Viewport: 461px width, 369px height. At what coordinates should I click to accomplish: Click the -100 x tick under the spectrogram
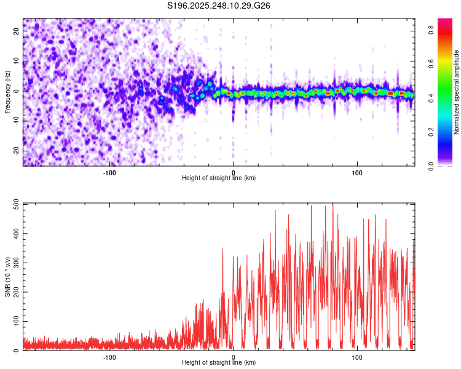(x=109, y=172)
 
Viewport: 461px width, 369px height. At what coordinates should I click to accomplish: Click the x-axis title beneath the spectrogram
(x=219, y=178)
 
